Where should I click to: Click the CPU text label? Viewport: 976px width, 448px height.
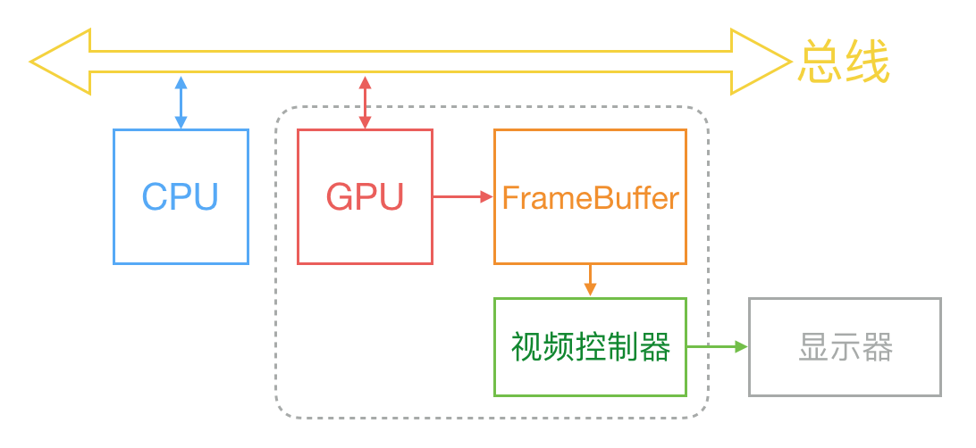pos(181,197)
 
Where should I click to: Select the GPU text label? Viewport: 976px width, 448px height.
pos(365,197)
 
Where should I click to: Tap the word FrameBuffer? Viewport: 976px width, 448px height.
pos(590,197)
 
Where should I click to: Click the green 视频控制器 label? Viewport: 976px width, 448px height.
pos(590,347)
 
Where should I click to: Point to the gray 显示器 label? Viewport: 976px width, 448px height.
pos(845,348)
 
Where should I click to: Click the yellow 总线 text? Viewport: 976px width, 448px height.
pos(844,62)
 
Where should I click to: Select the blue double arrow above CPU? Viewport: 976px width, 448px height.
pos(181,103)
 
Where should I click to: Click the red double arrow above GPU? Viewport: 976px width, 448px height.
pos(365,103)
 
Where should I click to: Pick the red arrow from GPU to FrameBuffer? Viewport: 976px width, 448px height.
pos(463,196)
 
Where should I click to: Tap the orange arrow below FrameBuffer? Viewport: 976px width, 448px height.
pos(590,280)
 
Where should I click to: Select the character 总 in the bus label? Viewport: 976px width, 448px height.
pos(820,62)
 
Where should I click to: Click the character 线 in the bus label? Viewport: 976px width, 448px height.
pos(867,62)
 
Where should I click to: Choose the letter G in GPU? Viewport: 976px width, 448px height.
pos(341,197)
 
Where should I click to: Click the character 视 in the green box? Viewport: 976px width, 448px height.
pos(526,347)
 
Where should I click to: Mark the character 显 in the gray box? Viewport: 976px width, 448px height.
pos(812,348)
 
